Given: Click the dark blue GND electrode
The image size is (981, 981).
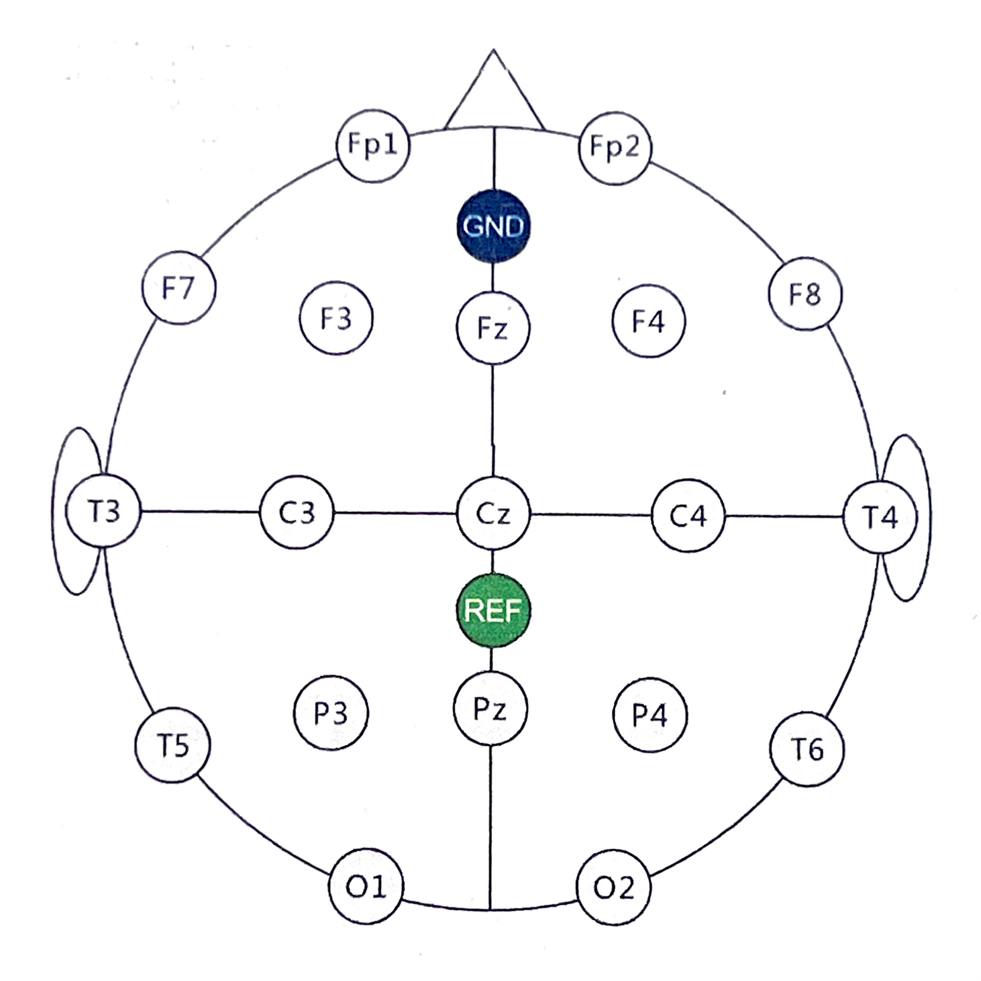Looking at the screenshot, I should pyautogui.click(x=493, y=226).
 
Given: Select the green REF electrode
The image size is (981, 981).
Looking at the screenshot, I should pyautogui.click(x=493, y=610).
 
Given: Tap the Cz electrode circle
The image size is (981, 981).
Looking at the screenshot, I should pyautogui.click(x=493, y=513).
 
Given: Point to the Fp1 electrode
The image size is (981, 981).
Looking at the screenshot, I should pyautogui.click(x=373, y=145).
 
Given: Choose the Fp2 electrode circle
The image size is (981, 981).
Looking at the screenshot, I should pyautogui.click(x=615, y=148).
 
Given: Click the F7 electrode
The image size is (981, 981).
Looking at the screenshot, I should pyautogui.click(x=179, y=287).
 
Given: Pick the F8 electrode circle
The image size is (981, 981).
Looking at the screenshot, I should pyautogui.click(x=805, y=294).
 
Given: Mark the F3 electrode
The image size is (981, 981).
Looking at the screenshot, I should pyautogui.click(x=336, y=318).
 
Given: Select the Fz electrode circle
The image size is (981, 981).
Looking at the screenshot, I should pyautogui.click(x=492, y=328).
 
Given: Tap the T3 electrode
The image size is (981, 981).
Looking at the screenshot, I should pyautogui.click(x=103, y=510).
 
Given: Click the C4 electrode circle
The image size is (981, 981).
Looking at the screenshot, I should pyautogui.click(x=688, y=515).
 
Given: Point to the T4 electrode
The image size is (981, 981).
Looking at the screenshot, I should pyautogui.click(x=880, y=517).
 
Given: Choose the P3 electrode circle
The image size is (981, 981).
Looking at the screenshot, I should pyautogui.click(x=331, y=712).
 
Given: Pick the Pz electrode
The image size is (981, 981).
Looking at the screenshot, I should pyautogui.click(x=490, y=708).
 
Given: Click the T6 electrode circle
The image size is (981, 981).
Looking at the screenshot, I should pyautogui.click(x=807, y=749).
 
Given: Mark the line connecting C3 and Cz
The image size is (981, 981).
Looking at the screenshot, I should pyautogui.click(x=395, y=513).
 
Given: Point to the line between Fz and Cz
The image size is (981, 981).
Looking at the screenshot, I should pyautogui.click(x=492, y=421).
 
